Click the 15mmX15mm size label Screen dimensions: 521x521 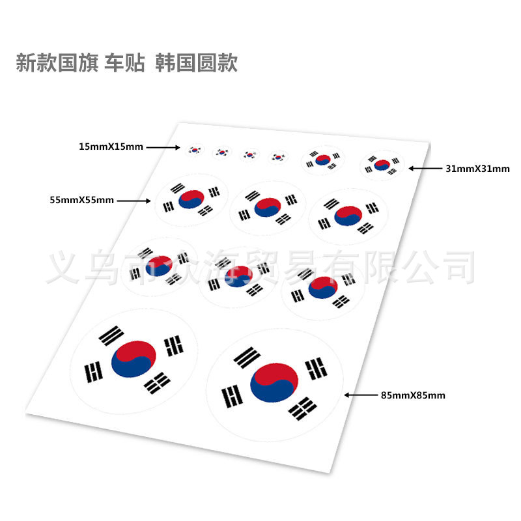(x=111, y=147)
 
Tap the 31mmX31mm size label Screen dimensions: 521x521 (x=477, y=169)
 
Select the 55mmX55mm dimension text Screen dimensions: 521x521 (x=81, y=200)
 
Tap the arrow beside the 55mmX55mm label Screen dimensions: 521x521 (x=134, y=201)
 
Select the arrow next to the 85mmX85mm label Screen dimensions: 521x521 (x=360, y=395)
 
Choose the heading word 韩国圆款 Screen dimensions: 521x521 (x=197, y=63)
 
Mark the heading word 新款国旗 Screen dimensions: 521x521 (x=55, y=63)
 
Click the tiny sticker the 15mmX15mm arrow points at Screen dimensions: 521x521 (x=194, y=150)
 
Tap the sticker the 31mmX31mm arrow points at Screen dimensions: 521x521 (x=382, y=165)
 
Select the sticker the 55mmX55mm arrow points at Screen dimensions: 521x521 (x=191, y=199)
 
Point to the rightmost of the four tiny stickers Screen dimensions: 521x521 (x=279, y=156)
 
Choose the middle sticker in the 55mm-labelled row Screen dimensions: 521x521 (x=268, y=208)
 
